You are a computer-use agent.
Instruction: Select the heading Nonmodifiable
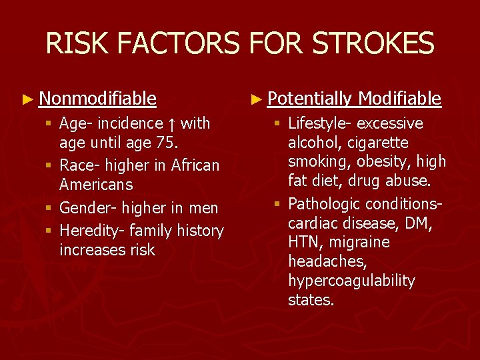click(x=97, y=99)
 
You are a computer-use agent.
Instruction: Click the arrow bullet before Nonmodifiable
click(x=27, y=100)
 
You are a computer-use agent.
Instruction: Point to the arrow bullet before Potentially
click(x=255, y=100)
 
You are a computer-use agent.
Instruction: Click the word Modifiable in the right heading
click(x=399, y=99)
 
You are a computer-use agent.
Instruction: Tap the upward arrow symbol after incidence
click(x=172, y=124)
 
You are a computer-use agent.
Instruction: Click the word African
click(x=195, y=165)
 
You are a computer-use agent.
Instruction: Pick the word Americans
click(x=96, y=185)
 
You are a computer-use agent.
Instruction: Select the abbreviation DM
click(x=419, y=223)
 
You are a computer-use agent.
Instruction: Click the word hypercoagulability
click(x=351, y=281)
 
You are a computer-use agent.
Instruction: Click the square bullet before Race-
click(x=50, y=165)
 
